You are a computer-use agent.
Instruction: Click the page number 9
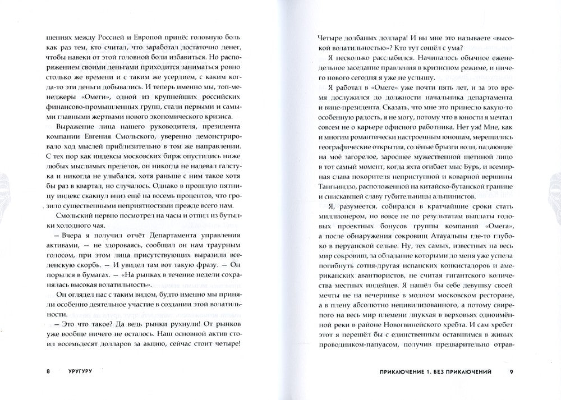(x=511, y=371)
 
